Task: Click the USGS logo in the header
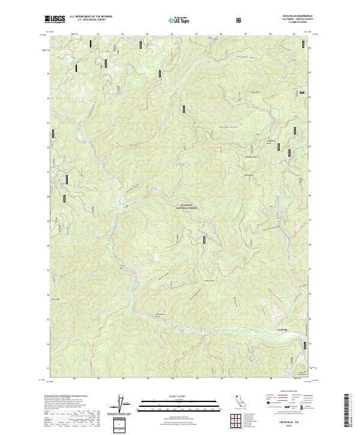(x=55, y=20)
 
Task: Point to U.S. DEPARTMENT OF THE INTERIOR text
(x=91, y=17)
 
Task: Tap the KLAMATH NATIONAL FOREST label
(x=187, y=206)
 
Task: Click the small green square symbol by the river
(x=127, y=207)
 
